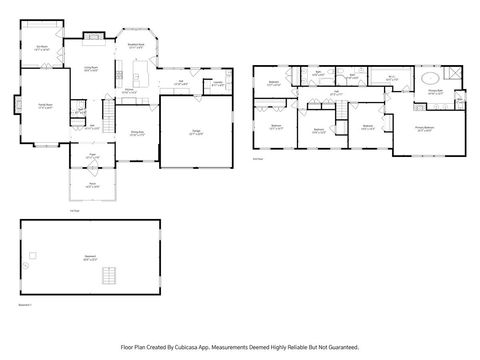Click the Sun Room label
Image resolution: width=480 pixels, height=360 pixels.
click(x=43, y=49)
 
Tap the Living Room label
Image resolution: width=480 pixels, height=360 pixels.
click(x=89, y=69)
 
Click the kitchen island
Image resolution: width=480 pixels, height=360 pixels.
click(x=138, y=77)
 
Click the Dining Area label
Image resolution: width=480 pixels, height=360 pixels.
click(x=138, y=132)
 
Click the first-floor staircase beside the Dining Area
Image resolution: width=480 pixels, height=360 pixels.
click(x=107, y=109)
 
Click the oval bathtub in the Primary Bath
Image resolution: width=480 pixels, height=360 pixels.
click(x=428, y=78)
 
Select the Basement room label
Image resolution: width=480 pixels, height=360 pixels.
click(x=91, y=258)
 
